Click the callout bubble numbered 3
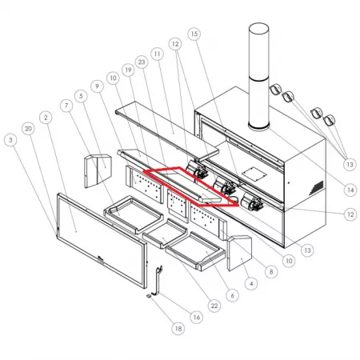pos(10,140)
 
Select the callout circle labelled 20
pos(28,129)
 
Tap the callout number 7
pos(66,106)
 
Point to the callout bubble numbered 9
pos(97,86)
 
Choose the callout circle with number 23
pos(142,62)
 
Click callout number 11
pos(157,54)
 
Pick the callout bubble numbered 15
pos(194,34)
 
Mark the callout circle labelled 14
pos(350,190)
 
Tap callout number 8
pos(271,272)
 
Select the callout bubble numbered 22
pos(214,306)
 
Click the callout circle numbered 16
pos(197,318)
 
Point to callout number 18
pos(178,329)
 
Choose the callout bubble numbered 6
pos(232,295)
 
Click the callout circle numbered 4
pos(251,284)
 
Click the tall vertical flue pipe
pos(258,77)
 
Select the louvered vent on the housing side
pos(316,188)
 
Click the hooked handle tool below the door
pos(158,281)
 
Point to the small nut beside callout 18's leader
pos(149,296)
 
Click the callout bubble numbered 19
pos(128,70)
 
